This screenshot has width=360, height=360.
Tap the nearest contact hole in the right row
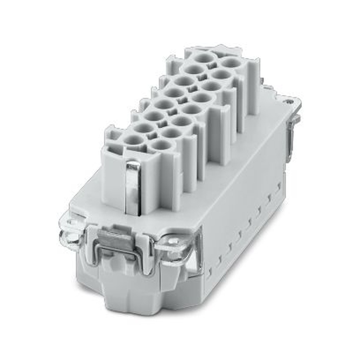161,145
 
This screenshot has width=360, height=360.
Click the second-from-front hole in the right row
171,133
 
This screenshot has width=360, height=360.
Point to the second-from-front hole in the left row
143,127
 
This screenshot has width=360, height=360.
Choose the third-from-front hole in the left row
154,116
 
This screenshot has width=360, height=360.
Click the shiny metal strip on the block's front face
133,187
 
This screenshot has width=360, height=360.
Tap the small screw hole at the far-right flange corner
291,101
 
